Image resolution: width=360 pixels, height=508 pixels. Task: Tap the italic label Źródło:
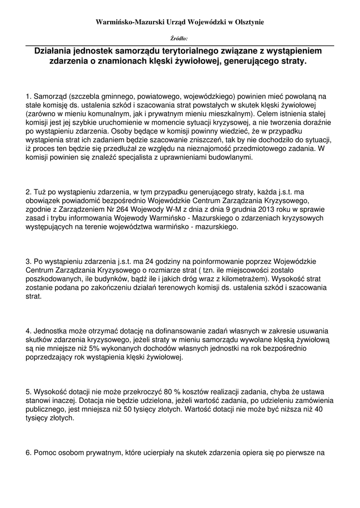click(x=179, y=38)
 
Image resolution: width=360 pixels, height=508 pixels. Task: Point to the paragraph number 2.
click(x=28, y=191)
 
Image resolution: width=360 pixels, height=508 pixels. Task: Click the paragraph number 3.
click(x=28, y=261)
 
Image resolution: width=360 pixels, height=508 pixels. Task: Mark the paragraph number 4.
click(x=28, y=331)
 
